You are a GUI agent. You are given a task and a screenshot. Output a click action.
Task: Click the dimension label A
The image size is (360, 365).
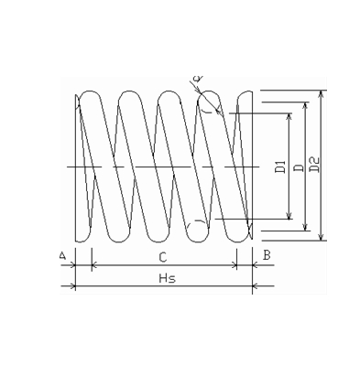click(x=62, y=255)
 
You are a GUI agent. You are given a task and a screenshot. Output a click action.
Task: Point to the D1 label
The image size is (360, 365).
click(x=281, y=166)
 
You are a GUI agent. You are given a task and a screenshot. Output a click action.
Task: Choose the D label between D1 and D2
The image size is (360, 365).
click(x=298, y=166)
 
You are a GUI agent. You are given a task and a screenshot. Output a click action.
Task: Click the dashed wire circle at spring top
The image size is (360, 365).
click(x=211, y=102)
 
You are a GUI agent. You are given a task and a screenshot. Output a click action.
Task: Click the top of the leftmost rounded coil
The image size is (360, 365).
click(x=91, y=91)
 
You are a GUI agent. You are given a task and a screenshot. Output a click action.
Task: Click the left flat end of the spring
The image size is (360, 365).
click(x=75, y=165)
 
